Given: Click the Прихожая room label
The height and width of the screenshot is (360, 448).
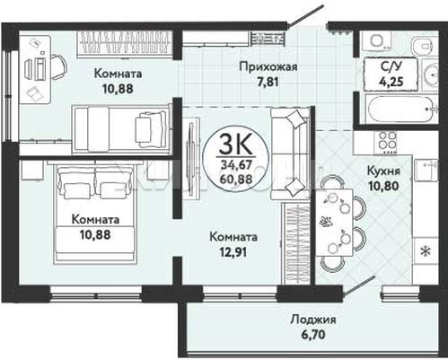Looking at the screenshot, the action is point(268,66).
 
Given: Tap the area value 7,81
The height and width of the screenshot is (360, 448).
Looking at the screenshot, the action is point(268,82).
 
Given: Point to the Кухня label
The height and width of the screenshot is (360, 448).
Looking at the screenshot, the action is point(383,171).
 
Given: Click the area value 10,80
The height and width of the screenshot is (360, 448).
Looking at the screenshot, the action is point(383,186).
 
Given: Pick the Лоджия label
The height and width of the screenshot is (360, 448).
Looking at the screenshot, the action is point(313,320).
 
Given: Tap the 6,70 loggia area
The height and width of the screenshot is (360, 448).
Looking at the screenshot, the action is point(313,335).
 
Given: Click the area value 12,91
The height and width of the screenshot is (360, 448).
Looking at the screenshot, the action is point(233,252).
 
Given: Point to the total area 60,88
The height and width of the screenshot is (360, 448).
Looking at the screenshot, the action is point(236,179).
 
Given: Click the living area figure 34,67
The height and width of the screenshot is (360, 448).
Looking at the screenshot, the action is point(236,164).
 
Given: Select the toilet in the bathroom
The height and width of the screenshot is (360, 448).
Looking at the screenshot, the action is point(424,47).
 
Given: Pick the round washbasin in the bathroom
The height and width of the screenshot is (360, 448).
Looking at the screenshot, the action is point(431,75).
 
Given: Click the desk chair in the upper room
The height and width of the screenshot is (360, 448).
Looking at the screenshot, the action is point(58,66).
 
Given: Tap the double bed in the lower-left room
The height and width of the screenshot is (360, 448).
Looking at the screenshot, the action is point(95,212).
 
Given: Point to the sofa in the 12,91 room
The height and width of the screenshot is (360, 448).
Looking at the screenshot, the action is point(290,154).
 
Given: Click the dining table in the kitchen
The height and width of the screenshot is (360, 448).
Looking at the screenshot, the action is point(334,223).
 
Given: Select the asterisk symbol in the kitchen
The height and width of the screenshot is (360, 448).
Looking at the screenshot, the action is point(426,251).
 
